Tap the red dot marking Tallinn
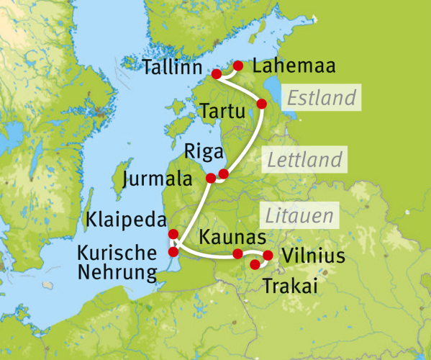coord(216,74)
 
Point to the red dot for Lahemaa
coord(238,66)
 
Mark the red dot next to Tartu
coord(262,104)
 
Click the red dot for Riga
coord(223,174)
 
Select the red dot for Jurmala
coord(210,178)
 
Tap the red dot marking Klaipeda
coord(173,234)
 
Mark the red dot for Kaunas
coord(237,253)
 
